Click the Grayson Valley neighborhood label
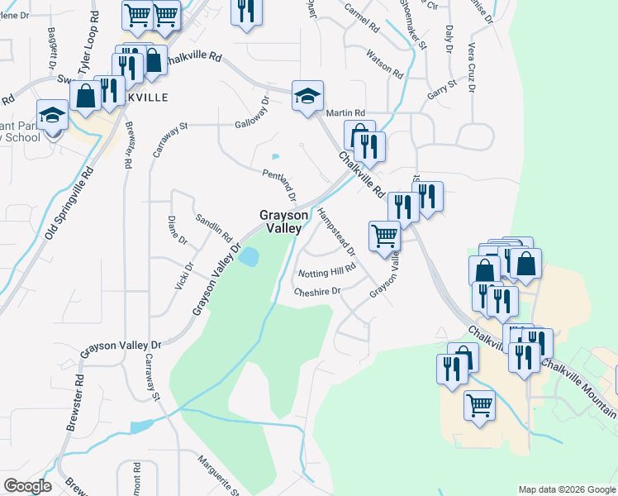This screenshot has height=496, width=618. (285, 222)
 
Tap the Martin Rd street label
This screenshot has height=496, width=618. (345, 112)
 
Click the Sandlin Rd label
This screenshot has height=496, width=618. (213, 227)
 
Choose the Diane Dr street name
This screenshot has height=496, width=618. (178, 231)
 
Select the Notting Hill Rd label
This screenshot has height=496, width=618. (326, 270)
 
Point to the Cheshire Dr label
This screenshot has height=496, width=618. (318, 291)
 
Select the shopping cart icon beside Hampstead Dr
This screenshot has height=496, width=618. (384, 236)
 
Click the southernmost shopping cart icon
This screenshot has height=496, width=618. (479, 404)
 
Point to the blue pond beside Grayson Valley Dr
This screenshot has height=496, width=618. (247, 257)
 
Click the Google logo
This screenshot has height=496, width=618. (27, 487)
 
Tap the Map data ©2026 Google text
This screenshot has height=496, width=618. (567, 489)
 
